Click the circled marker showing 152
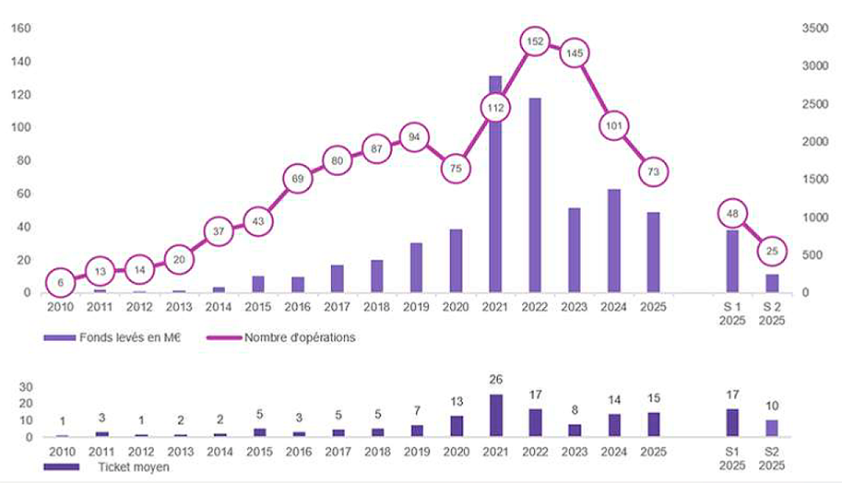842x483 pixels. point(535,41)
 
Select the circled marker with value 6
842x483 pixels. point(60,282)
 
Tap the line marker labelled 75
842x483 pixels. point(456,168)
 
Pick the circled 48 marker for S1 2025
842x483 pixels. point(732,213)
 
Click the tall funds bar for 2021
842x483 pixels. point(495,184)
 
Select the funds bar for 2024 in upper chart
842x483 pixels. point(614,241)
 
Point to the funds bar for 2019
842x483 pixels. point(416,268)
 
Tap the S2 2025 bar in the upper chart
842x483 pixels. point(772,283)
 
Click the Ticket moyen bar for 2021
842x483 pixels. point(495,416)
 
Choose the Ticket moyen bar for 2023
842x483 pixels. point(575,430)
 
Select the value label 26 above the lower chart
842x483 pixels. point(495,381)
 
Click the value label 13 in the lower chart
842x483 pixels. point(456,402)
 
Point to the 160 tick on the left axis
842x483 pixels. point(21,29)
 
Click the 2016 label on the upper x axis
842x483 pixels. point(297,307)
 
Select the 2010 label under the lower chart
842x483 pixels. point(60,452)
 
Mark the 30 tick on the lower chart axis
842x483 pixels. point(27,387)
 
